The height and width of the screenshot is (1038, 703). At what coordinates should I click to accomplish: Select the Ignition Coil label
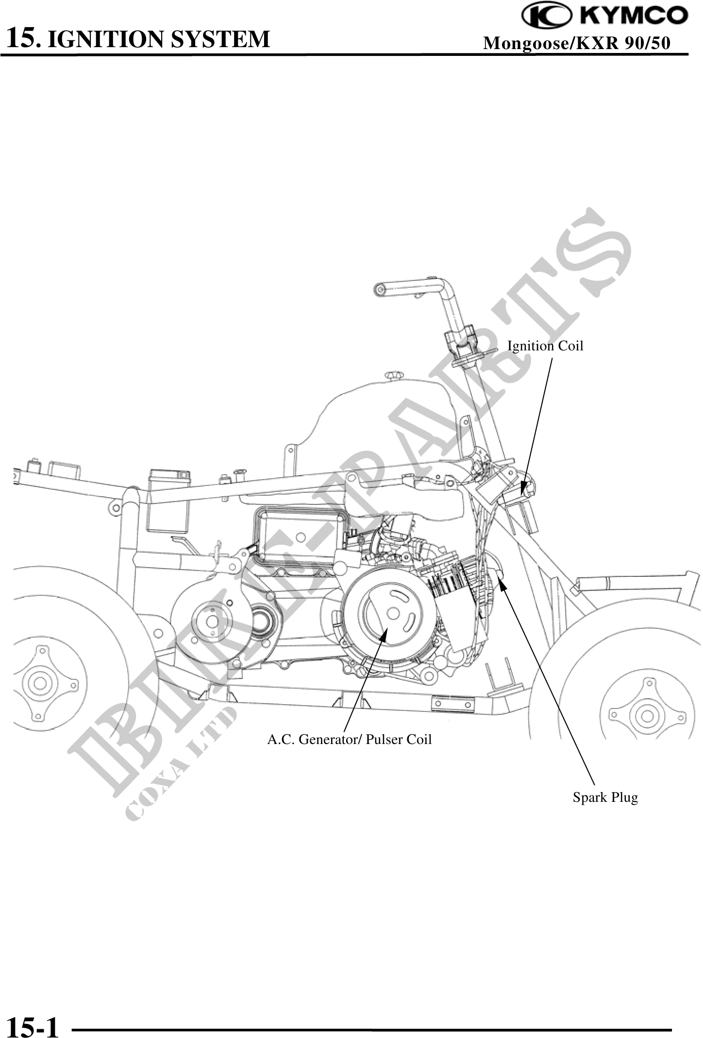[545, 346]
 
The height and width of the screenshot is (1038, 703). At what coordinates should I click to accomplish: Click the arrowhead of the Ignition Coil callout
[523, 488]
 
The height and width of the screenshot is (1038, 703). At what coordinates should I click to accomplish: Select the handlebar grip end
[379, 290]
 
